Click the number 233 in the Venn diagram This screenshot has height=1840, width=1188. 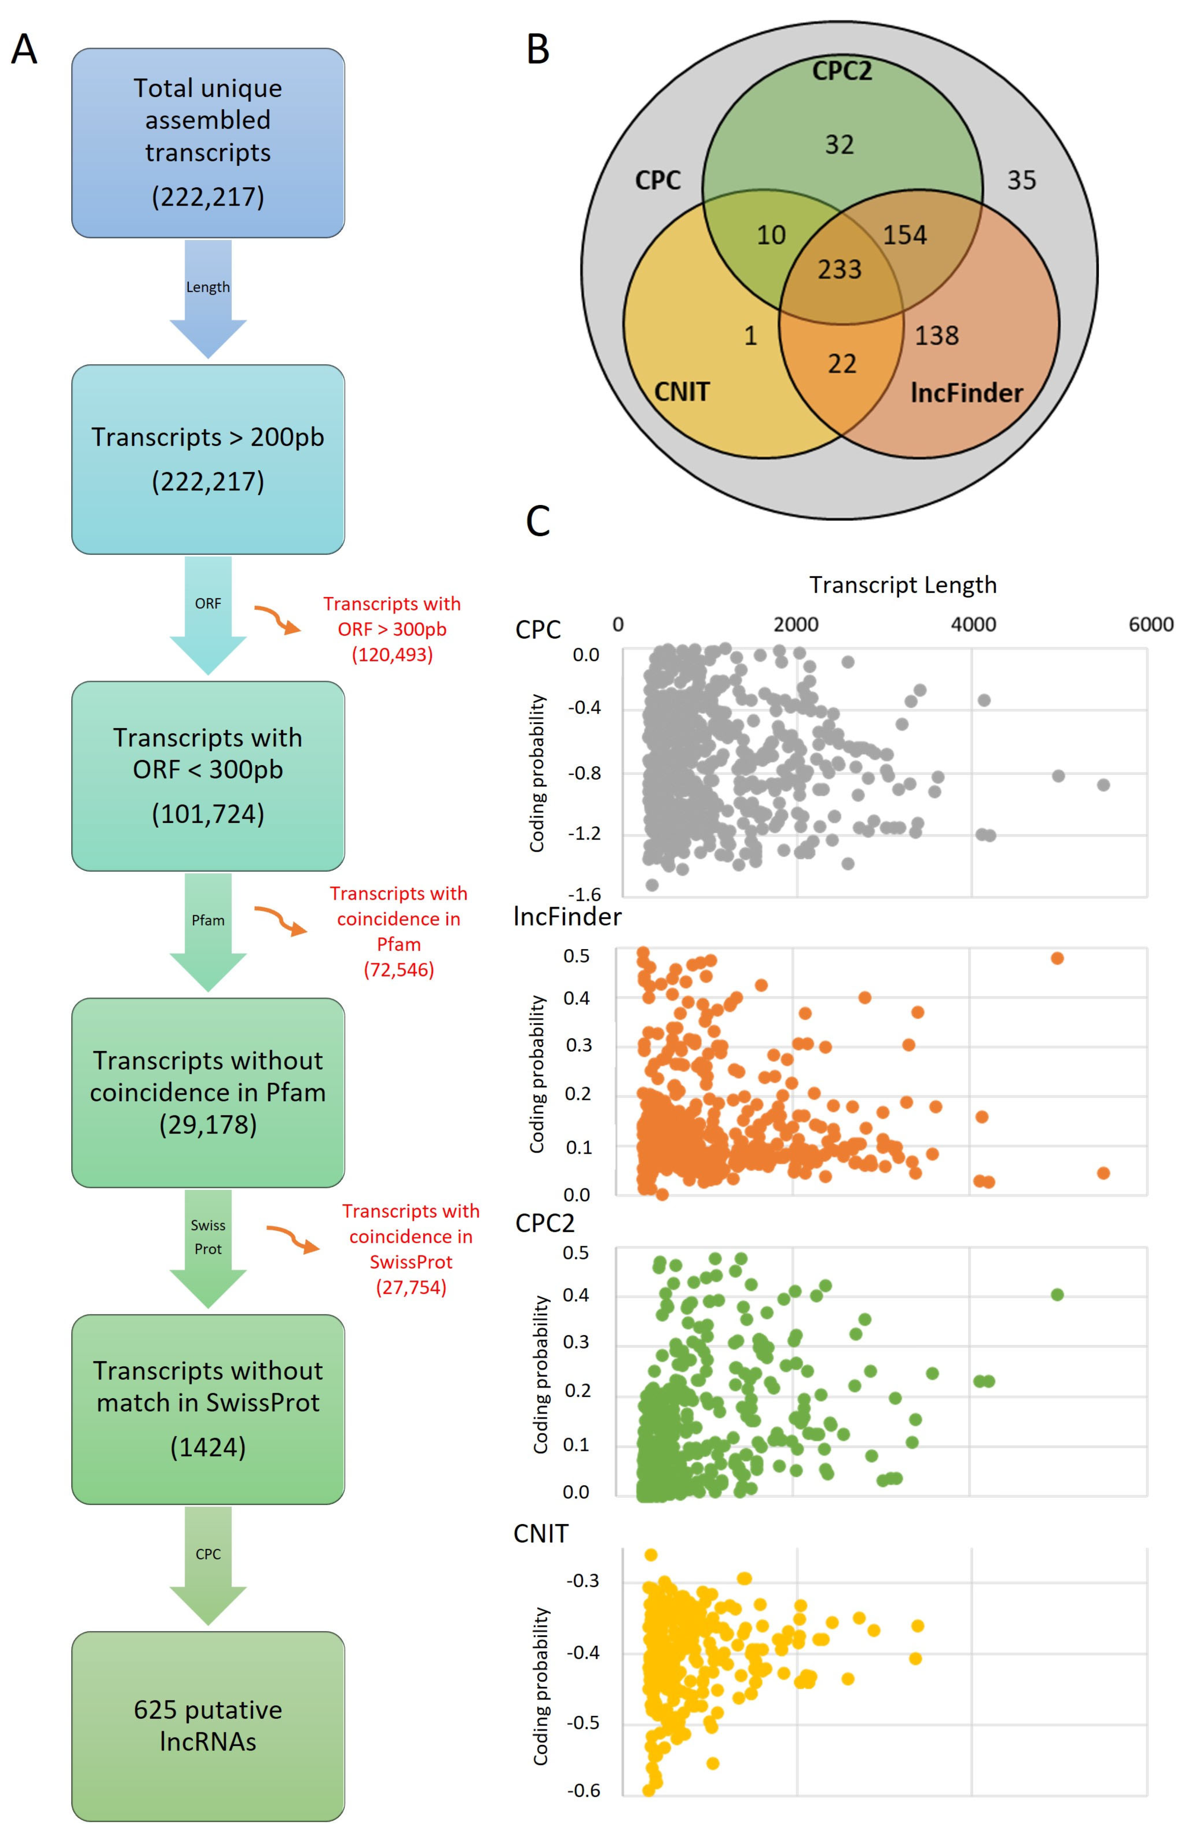839,269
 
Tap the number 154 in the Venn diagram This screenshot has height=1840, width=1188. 904,234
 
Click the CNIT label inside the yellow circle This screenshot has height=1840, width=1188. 682,392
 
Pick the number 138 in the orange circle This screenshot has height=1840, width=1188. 936,335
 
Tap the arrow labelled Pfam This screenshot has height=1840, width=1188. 208,931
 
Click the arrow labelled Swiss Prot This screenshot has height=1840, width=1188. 208,1248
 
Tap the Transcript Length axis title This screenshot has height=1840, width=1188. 903,584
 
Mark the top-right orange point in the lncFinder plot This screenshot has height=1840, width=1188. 1057,958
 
